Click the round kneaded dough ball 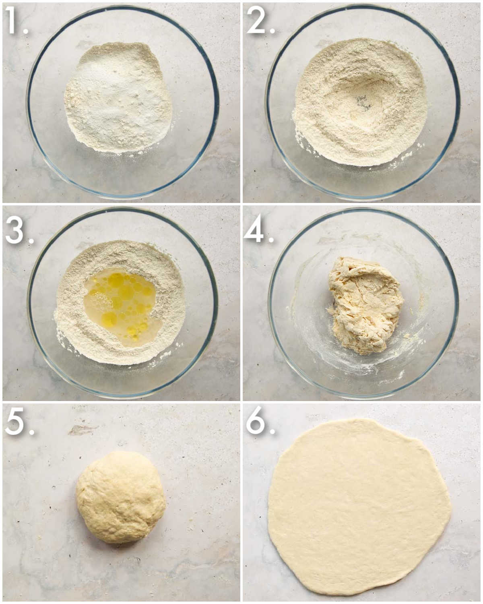pyautogui.click(x=121, y=497)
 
